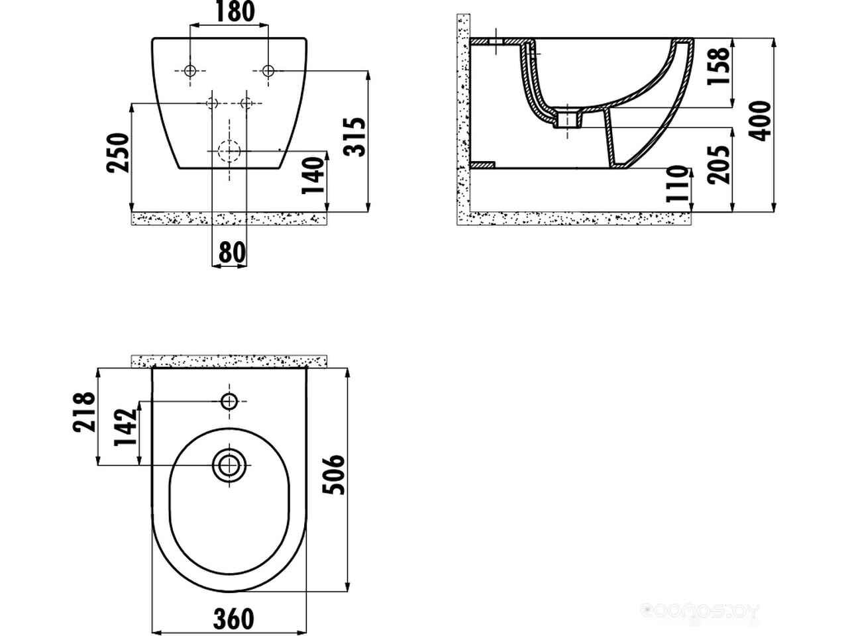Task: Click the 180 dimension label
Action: [230, 12]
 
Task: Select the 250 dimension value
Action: [117, 154]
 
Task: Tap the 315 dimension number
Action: [356, 136]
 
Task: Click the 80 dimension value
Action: [230, 252]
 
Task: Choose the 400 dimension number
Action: [762, 121]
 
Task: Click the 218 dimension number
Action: [85, 412]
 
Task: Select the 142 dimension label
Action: [126, 428]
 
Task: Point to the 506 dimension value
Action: [335, 474]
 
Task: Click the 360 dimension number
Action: [233, 619]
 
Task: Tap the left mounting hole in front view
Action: [191, 71]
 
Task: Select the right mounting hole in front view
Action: [268, 71]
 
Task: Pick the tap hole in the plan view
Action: [229, 401]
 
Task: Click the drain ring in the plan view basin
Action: [229, 465]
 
